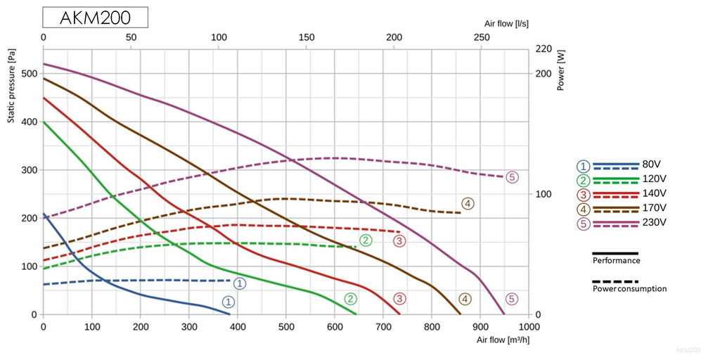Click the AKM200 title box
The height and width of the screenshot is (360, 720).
[95, 18]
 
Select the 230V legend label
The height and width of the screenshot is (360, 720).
[654, 222]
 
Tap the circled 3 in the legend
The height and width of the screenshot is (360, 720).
[583, 195]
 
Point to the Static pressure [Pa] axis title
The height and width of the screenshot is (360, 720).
[12, 85]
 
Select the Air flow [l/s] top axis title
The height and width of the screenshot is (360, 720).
[507, 23]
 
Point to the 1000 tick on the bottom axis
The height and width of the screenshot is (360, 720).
[529, 327]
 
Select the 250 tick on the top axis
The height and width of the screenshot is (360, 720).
[481, 37]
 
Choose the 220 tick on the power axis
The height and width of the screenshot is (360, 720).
[544, 49]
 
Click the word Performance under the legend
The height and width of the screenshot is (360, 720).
[616, 260]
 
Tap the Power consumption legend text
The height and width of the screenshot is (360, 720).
[629, 288]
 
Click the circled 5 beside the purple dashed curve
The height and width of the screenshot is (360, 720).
[512, 177]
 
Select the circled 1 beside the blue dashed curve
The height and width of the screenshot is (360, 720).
[240, 283]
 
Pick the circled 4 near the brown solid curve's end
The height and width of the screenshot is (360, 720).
[465, 299]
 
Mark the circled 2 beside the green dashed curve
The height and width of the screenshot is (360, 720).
[366, 240]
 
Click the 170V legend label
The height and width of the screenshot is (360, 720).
[654, 208]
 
